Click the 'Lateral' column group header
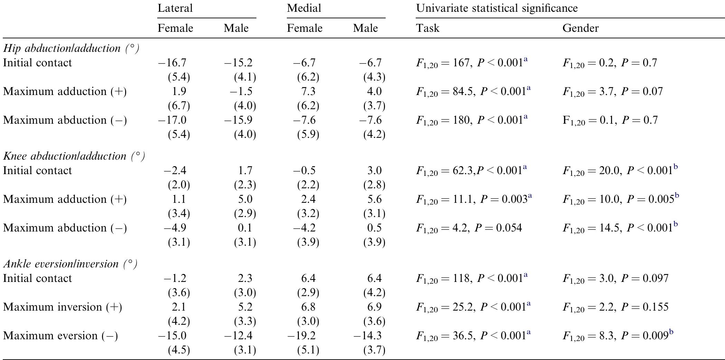(175, 8)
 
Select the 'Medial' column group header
(304, 8)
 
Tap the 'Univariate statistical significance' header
(497, 8)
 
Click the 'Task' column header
(427, 28)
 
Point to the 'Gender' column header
(580, 28)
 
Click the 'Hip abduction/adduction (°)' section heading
(71, 48)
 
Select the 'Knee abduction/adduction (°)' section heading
(74, 156)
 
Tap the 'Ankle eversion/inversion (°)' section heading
(70, 264)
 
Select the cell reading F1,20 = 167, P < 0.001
(472, 63)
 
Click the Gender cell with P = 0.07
(612, 92)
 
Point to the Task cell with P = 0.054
(469, 228)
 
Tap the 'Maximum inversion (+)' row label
(63, 307)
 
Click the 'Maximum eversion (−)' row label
(60, 336)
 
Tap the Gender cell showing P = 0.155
(615, 307)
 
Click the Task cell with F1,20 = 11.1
(473, 199)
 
